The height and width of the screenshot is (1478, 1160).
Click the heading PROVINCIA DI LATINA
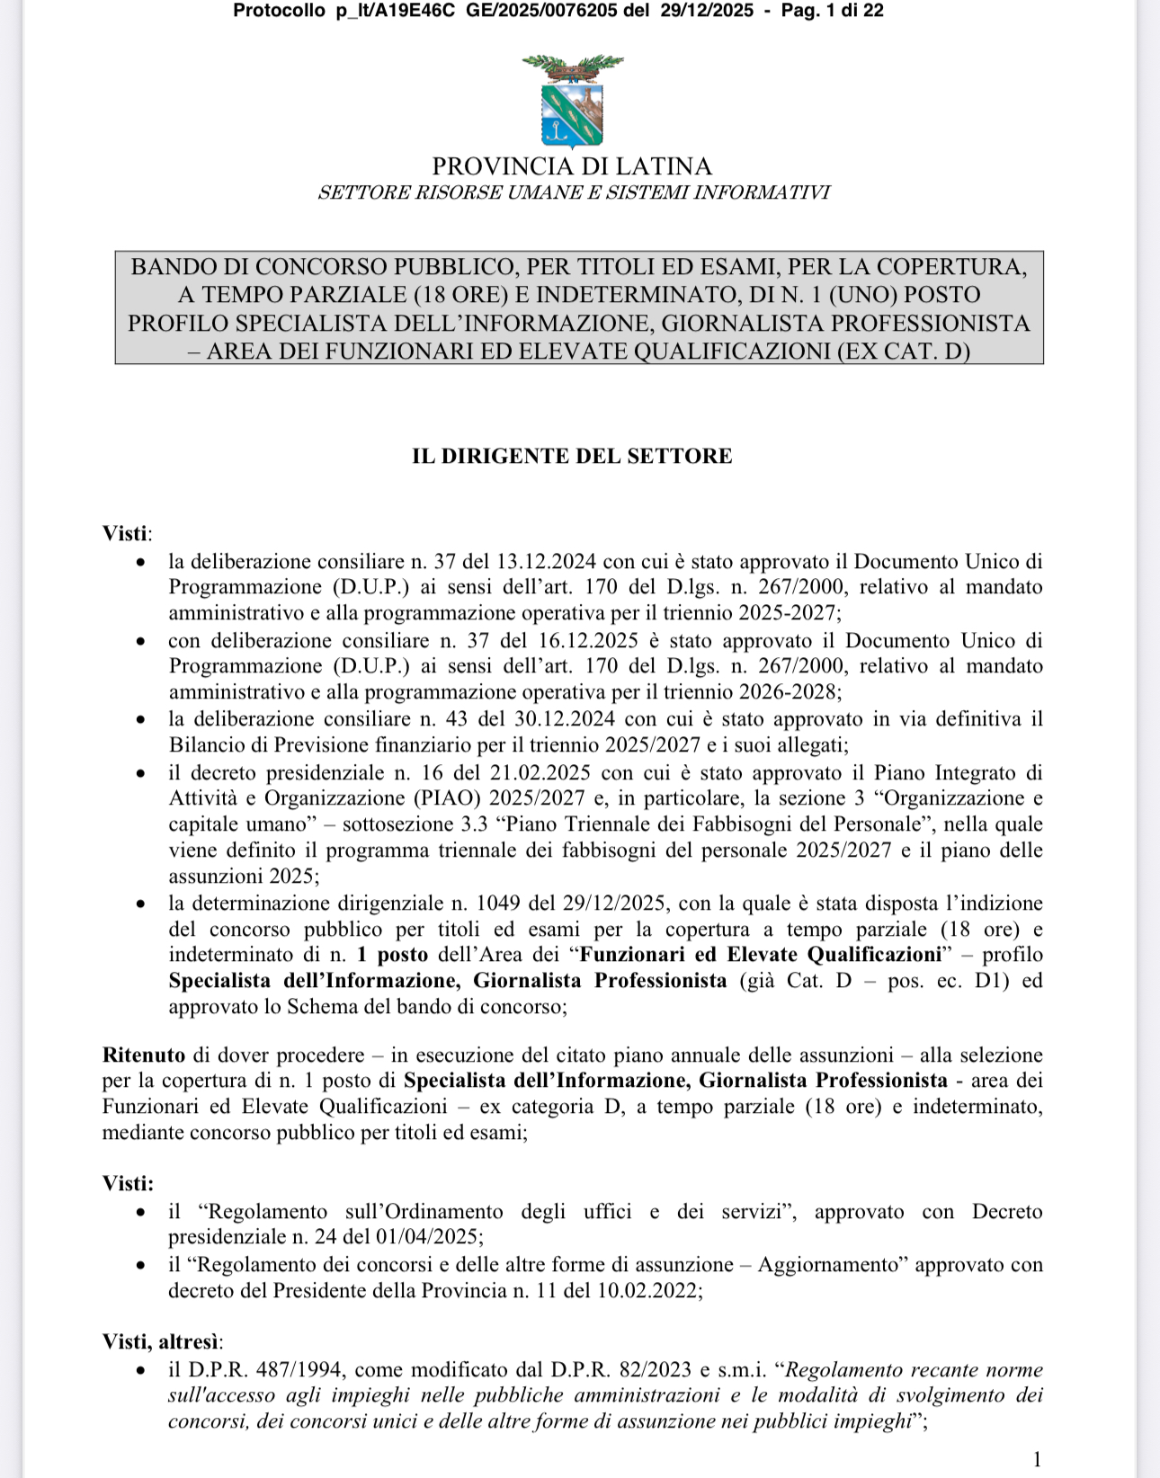(x=572, y=166)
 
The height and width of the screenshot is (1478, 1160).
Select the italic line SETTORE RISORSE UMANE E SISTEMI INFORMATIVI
(x=574, y=192)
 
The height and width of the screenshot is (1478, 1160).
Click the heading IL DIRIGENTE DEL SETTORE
(x=572, y=456)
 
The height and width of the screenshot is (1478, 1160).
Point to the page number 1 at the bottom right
(x=1037, y=1458)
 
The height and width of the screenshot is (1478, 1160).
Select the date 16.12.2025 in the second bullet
(x=588, y=641)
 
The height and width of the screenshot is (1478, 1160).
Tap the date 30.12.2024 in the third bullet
(x=564, y=719)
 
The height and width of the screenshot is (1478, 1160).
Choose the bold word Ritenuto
(x=144, y=1055)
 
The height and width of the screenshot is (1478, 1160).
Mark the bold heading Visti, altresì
(x=161, y=1341)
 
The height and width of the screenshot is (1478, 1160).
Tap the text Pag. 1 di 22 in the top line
(x=833, y=11)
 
